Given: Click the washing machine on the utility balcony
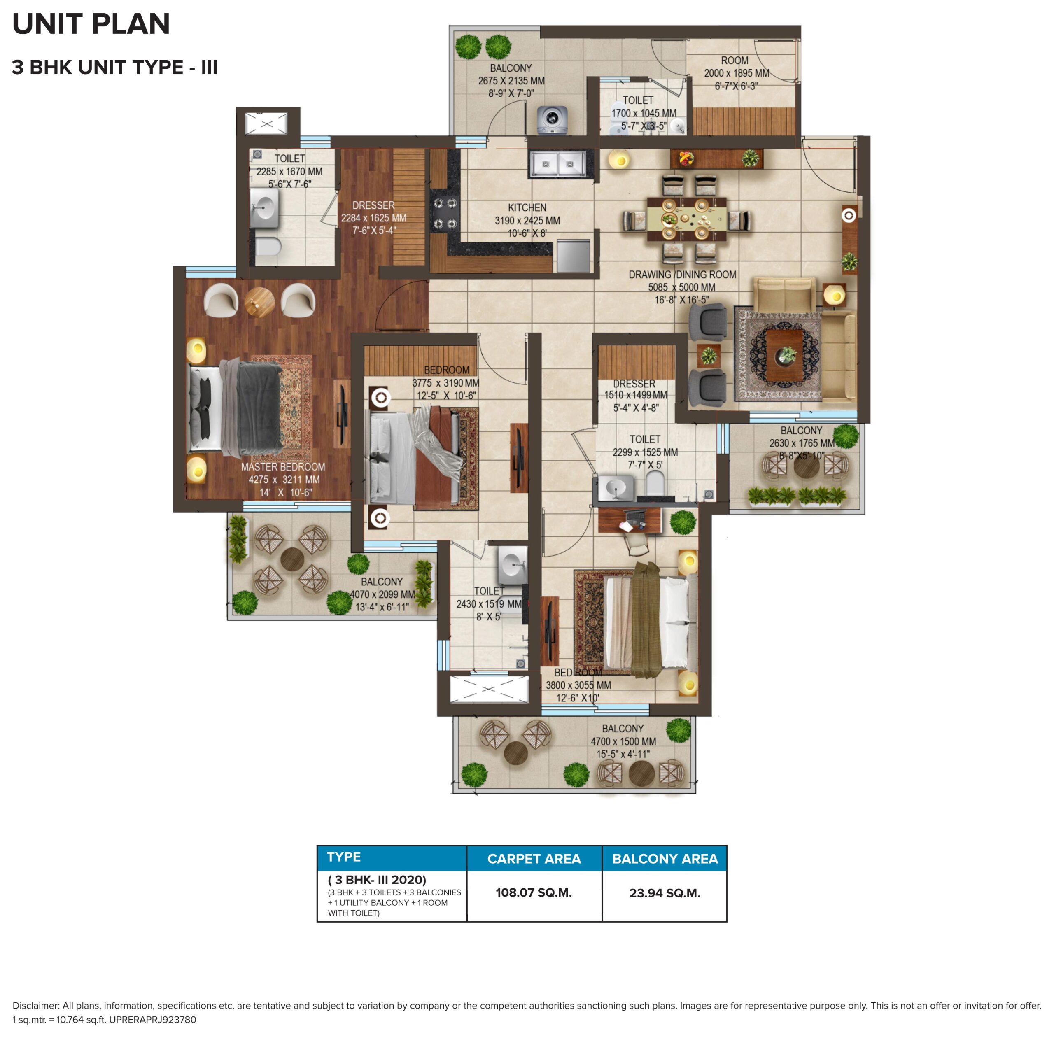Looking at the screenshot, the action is (552, 119).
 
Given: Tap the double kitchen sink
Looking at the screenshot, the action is (557, 164).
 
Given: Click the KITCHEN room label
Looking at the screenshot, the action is (527, 208).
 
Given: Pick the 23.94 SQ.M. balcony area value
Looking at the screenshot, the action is (665, 894).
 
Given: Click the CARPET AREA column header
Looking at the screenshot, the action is (534, 859).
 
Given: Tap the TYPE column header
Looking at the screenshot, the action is (344, 857).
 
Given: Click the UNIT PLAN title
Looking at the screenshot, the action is (91, 24).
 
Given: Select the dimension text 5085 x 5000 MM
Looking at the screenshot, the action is (681, 287).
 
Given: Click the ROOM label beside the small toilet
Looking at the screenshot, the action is (735, 61).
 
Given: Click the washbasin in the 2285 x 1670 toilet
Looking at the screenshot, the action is (265, 208).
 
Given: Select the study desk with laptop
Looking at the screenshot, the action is (630, 520).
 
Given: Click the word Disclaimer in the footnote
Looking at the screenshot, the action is (35, 1006).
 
